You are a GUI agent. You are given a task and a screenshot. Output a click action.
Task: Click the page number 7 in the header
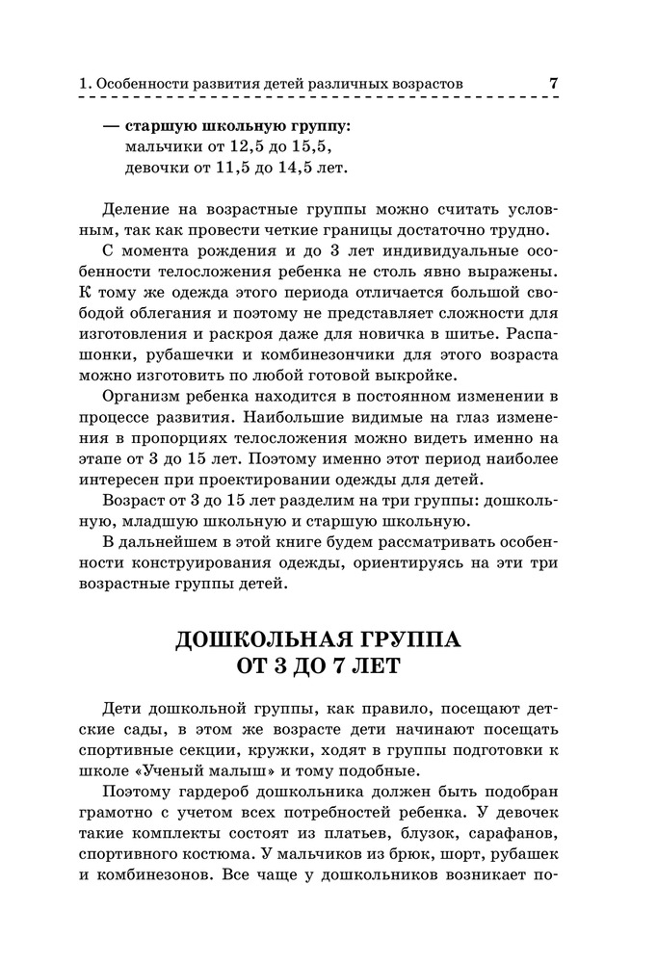coord(554,84)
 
